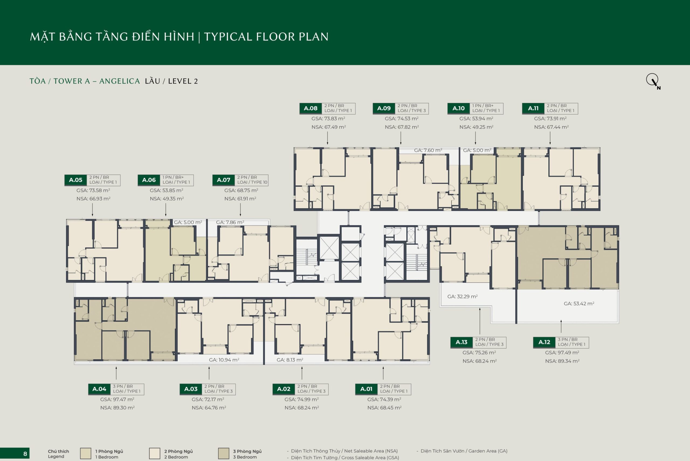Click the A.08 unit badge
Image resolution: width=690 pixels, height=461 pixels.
click(x=310, y=108)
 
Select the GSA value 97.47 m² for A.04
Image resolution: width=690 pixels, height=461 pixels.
click(x=117, y=399)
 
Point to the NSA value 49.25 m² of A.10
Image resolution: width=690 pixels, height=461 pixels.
click(x=476, y=127)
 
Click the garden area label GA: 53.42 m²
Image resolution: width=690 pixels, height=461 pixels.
click(x=579, y=303)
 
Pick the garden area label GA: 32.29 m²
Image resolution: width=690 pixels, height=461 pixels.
click(x=462, y=296)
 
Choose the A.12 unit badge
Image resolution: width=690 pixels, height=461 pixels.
click(x=544, y=342)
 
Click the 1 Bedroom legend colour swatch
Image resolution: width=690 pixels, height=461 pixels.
click(x=85, y=453)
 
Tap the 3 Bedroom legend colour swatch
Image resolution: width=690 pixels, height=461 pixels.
click(x=223, y=453)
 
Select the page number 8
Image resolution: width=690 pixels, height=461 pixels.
click(x=25, y=454)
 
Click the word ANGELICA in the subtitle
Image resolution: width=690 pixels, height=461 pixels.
click(x=120, y=81)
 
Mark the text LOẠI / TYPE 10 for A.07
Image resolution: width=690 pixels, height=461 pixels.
click(x=252, y=182)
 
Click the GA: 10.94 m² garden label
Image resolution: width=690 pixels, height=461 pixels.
click(x=224, y=360)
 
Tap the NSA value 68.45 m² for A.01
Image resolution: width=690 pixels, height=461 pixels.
click(x=384, y=408)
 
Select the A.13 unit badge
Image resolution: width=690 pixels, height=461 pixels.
click(x=461, y=342)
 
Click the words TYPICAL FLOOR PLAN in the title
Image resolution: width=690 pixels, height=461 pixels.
click(x=266, y=37)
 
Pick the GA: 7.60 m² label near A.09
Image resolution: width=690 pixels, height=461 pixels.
click(x=428, y=150)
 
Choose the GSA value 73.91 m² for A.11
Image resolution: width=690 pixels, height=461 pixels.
click(x=550, y=118)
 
